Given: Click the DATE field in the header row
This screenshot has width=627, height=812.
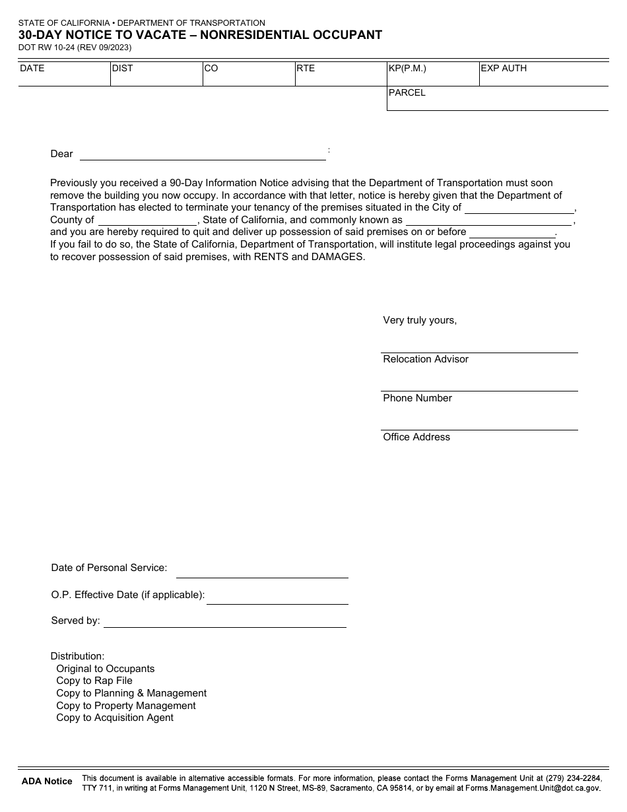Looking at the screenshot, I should [64, 74].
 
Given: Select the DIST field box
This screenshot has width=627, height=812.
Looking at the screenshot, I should [156, 74].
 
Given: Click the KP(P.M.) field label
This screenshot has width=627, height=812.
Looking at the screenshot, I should [407, 68].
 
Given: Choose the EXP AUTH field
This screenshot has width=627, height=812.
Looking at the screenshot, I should [543, 74].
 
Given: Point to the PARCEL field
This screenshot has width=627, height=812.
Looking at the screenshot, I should [497, 98].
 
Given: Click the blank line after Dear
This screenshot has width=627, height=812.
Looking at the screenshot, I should [203, 154].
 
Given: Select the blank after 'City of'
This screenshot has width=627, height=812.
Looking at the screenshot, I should [519, 207].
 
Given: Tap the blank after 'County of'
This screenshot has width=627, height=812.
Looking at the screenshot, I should [147, 220].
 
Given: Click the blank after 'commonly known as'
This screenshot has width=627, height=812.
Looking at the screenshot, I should [488, 220].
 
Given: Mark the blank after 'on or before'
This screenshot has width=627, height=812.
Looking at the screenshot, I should [512, 232].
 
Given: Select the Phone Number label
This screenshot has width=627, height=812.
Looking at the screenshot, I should [417, 398].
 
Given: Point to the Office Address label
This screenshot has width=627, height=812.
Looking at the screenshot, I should [416, 437].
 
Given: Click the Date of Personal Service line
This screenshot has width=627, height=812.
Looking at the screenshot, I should [261, 572].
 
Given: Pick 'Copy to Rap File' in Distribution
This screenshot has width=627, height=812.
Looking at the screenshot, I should [94, 681].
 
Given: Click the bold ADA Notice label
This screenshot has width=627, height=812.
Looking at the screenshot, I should [47, 782].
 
